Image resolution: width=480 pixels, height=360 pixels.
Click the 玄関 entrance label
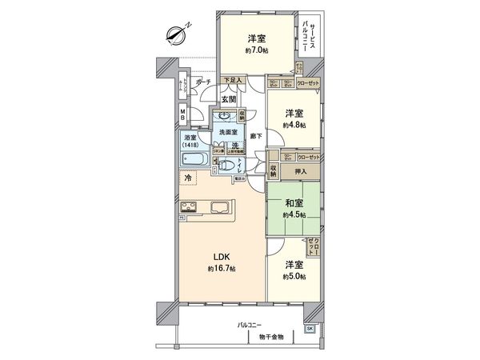pos(230,98)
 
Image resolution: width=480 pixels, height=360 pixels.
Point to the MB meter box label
pos(183,116)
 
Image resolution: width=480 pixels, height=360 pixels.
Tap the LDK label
pos(221,257)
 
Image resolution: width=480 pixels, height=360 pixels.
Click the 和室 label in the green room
pos(293,203)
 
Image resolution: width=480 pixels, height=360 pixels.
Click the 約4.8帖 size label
pos(294,125)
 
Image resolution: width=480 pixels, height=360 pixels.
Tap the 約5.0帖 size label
pos(294,276)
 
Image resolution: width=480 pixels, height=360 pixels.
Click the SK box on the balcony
pos(310,328)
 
